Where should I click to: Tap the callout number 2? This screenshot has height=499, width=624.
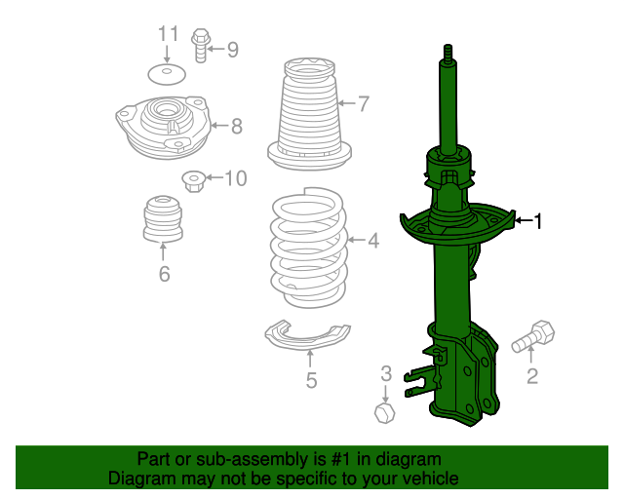point(532,376)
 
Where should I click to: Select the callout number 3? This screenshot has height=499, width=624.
point(385,372)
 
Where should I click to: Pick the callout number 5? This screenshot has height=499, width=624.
point(310,380)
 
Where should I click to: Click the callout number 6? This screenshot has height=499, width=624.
point(164,275)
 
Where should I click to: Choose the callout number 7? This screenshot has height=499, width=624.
point(363,102)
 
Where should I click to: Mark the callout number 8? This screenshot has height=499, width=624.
point(236,125)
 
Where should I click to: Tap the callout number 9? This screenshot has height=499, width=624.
point(232,49)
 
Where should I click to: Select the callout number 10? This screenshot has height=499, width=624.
point(236,178)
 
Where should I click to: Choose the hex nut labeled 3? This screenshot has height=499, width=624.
point(384,412)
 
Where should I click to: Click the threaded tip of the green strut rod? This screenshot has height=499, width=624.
point(448,52)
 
